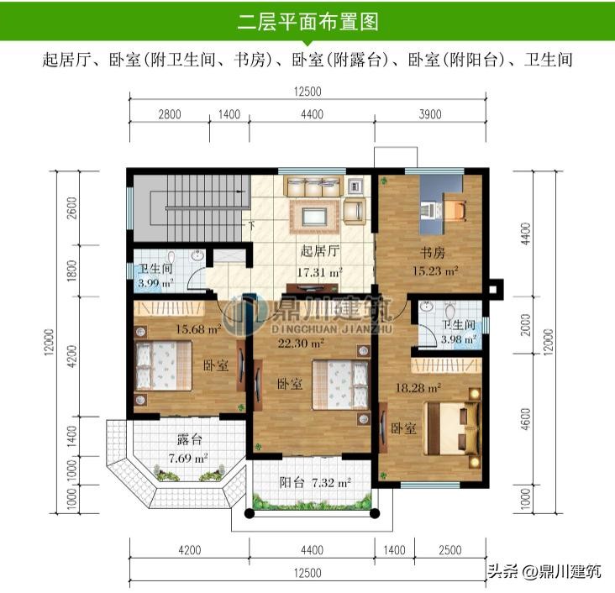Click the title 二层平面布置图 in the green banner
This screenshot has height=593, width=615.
[307, 22]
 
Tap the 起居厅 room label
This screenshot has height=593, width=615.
[319, 251]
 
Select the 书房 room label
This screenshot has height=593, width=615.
[432, 253]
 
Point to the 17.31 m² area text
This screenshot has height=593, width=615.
[319, 272]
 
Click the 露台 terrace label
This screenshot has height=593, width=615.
[189, 439]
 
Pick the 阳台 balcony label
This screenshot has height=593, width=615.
[292, 482]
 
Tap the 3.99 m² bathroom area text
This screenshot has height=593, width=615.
[155, 282]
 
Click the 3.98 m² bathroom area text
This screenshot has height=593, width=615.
[459, 338]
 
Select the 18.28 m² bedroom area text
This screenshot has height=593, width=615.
[418, 388]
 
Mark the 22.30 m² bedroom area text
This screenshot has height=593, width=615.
[301, 344]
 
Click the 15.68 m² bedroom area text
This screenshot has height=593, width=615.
[198, 328]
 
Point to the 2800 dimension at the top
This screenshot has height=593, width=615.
[170, 114]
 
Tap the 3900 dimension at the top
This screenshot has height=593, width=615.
[430, 114]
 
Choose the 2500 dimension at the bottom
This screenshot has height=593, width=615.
[450, 550]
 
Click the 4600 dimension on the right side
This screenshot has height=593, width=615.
[526, 419]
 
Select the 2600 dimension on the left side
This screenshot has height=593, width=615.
[72, 207]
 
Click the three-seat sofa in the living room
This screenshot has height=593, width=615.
[313, 186]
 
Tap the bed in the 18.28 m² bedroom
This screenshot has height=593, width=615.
[452, 428]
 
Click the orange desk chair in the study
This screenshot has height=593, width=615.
[455, 210]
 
